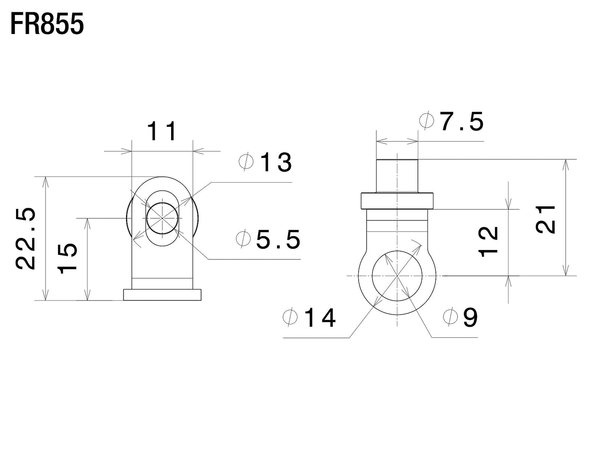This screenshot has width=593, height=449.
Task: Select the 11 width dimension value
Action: coord(162,131)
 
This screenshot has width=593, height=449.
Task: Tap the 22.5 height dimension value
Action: coord(26,238)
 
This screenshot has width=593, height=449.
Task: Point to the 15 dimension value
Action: coord(67,258)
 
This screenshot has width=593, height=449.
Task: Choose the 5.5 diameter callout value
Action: coord(278,239)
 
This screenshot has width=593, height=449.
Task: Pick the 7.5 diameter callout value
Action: coord(462,121)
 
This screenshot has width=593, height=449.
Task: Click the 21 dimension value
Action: coord(545,219)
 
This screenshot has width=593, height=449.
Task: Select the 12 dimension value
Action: coord(488,241)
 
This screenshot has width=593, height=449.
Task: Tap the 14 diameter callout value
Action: coord(320,318)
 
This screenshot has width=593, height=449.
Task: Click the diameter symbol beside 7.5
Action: coord(426,120)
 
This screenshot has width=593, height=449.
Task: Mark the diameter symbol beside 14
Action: coord(290,316)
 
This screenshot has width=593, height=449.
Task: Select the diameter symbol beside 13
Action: coord(246,161)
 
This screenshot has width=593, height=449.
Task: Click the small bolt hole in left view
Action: coord(163,218)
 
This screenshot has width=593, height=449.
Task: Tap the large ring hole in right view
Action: coord(397,276)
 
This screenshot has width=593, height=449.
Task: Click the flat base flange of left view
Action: coord(163,295)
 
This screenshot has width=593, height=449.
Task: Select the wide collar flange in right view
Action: coord(397,201)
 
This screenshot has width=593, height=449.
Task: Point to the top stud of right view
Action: coord(397,176)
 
